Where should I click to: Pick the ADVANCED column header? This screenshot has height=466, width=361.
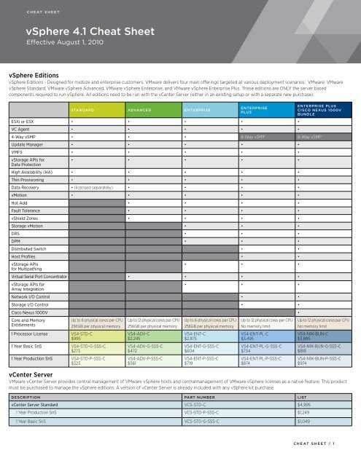pyautogui.click(x=142, y=112)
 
